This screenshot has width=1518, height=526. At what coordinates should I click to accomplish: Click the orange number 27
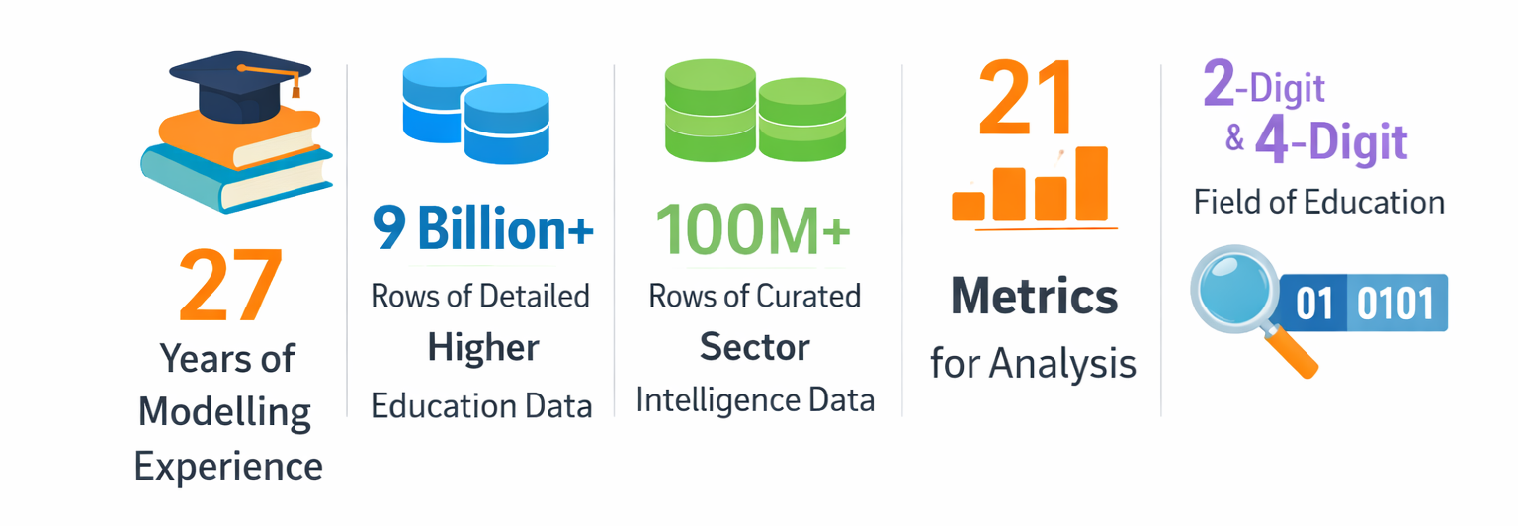tap(230, 284)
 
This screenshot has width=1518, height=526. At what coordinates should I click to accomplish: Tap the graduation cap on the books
tap(240, 85)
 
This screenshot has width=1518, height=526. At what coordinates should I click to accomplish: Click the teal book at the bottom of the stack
tap(236, 178)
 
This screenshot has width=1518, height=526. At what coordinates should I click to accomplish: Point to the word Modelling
tap(224, 413)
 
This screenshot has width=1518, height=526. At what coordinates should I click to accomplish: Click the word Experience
tap(228, 467)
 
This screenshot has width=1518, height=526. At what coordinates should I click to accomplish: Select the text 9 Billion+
tap(482, 228)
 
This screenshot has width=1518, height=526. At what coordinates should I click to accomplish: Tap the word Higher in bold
tap(483, 348)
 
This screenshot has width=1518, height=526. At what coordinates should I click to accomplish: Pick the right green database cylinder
tap(802, 120)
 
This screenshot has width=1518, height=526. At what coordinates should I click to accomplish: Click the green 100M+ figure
tap(752, 229)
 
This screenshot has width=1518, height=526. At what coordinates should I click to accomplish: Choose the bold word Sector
tap(755, 347)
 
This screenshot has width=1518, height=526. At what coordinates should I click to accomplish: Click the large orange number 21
tap(1026, 98)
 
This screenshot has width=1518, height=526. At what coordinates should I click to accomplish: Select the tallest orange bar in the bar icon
tap(1091, 184)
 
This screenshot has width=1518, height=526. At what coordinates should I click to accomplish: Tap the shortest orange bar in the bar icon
tap(969, 207)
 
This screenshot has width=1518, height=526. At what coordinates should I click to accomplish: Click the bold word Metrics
tap(1034, 297)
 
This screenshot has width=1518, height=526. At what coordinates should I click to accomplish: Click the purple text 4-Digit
tap(1331, 141)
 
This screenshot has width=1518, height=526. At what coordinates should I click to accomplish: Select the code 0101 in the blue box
tap(1395, 303)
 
